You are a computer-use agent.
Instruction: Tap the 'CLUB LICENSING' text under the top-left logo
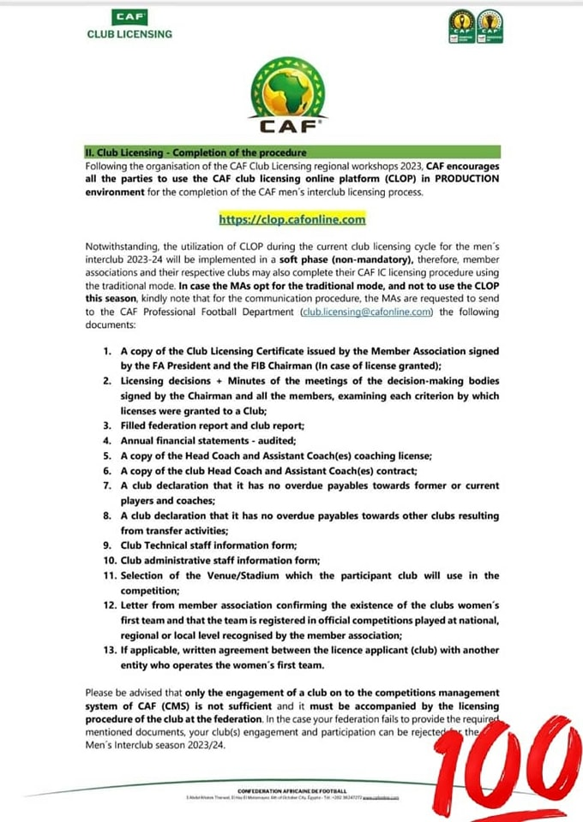point(130,34)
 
